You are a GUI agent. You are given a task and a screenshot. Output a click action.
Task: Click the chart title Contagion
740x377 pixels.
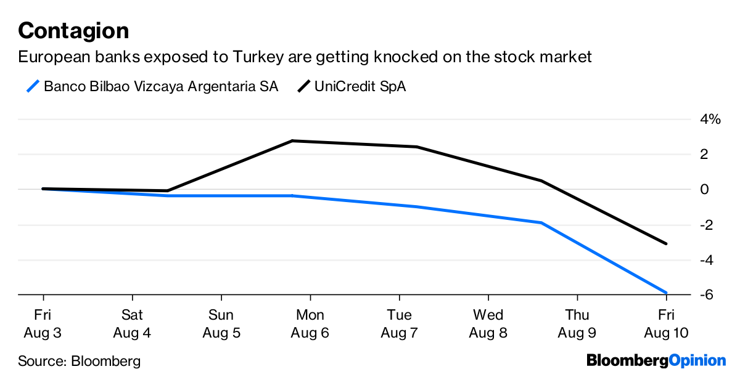pyautogui.click(x=73, y=31)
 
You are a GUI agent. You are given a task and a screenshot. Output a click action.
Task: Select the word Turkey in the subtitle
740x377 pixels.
pyautogui.click(x=258, y=57)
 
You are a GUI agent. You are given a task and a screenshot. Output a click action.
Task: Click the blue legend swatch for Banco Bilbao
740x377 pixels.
pyautogui.click(x=33, y=86)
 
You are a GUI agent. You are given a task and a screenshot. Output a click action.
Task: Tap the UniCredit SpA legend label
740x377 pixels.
pyautogui.click(x=360, y=86)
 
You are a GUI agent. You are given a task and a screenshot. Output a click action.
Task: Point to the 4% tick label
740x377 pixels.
pyautogui.click(x=710, y=119)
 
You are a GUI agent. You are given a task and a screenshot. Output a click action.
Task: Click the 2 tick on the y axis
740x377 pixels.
pyautogui.click(x=704, y=154)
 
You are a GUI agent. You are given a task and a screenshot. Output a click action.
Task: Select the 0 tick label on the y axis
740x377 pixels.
pyautogui.click(x=704, y=189)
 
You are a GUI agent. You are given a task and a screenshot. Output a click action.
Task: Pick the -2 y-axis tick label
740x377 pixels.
pyautogui.click(x=707, y=225)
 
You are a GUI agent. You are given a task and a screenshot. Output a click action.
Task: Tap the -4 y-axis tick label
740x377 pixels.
pyautogui.click(x=707, y=260)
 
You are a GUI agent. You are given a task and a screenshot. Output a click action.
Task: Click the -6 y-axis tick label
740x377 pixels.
pyautogui.click(x=707, y=294)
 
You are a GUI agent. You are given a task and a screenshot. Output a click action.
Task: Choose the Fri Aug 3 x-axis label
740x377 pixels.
pyautogui.click(x=43, y=323)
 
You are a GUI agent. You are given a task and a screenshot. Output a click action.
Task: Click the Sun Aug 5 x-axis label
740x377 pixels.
pyautogui.click(x=221, y=323)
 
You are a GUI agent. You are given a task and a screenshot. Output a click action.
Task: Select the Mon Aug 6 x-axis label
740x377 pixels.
pyautogui.click(x=310, y=323)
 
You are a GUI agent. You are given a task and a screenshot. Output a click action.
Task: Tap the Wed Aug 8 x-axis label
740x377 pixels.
pyautogui.click(x=488, y=323)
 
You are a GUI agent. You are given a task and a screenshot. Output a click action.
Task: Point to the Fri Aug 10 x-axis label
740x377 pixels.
pyautogui.click(x=666, y=323)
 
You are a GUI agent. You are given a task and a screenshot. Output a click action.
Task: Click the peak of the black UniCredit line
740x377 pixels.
pyautogui.click(x=292, y=141)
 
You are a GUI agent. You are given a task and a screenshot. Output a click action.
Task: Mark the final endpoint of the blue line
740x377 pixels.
pyautogui.click(x=666, y=293)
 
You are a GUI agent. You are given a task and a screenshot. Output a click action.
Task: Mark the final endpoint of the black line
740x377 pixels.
pyautogui.click(x=666, y=243)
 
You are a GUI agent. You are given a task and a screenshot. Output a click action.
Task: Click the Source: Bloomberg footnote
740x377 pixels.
pyautogui.click(x=80, y=361)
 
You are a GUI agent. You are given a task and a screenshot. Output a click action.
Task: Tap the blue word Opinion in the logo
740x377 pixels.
pyautogui.click(x=697, y=361)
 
